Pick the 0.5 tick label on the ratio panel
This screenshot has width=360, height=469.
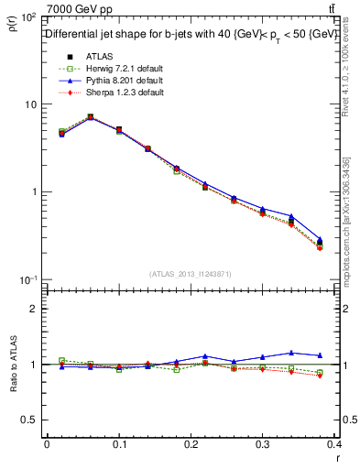[28, 420]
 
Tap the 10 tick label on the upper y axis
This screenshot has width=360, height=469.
[28, 104]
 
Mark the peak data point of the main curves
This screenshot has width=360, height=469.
[90, 116]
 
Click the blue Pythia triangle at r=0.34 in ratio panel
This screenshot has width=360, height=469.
[317, 352]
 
